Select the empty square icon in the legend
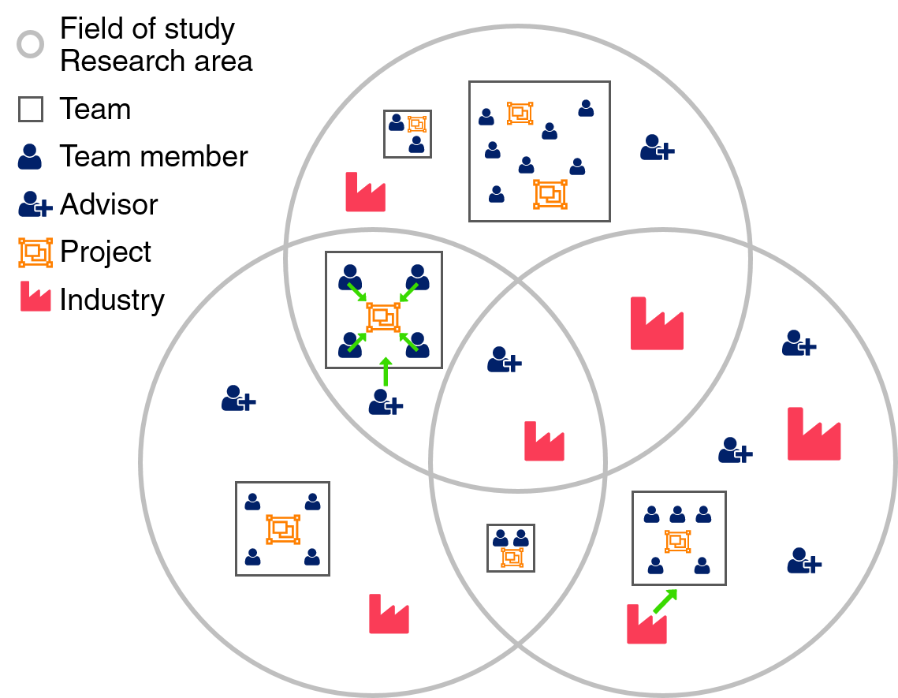[x=31, y=109]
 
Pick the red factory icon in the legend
[x=35, y=297]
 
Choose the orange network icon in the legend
[x=35, y=252]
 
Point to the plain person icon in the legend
[x=30, y=157]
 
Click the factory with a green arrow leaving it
[x=646, y=625]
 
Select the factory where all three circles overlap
[x=544, y=442]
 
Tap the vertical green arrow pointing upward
[x=386, y=371]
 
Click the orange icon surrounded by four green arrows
[x=383, y=317]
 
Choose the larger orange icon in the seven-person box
[x=550, y=194]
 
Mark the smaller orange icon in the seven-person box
[x=520, y=114]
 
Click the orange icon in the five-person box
[x=678, y=541]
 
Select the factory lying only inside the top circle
[x=365, y=192]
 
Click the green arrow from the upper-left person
[x=357, y=292]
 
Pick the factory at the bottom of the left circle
[x=389, y=614]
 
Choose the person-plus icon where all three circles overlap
[x=504, y=360]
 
